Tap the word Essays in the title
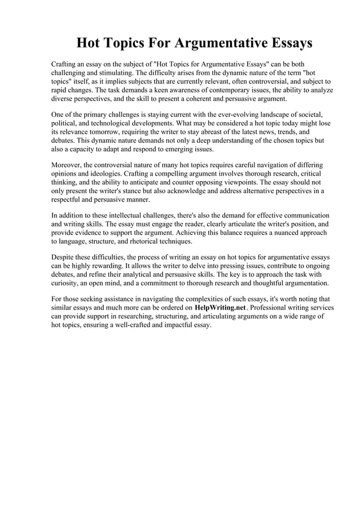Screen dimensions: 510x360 point(288,43)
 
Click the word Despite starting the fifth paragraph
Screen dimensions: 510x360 point(63,258)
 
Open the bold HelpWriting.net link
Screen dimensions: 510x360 point(220,308)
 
